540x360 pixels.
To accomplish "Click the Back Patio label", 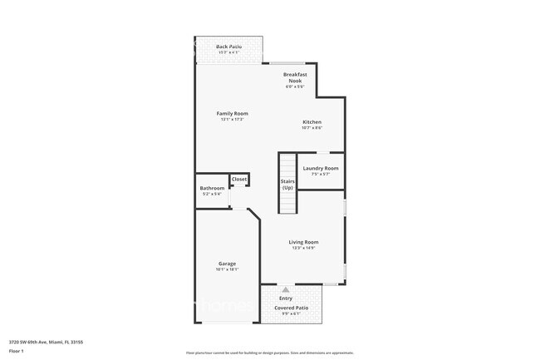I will tap(228, 47).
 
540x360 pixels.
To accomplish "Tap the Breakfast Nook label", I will tap(295, 77).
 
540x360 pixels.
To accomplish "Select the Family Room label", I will tap(233, 113).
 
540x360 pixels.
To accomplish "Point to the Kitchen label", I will tap(312, 122).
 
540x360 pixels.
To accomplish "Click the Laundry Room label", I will tap(320, 168).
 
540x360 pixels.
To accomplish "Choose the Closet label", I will tap(239, 179).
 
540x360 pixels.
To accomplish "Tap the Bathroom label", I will tap(212, 188).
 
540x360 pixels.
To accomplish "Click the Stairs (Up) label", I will tap(287, 184).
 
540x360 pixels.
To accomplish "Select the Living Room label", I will tap(303, 242).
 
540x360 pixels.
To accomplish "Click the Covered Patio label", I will tap(292, 308).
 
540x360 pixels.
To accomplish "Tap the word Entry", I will tap(286, 298).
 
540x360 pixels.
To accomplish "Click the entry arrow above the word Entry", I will tap(286, 289).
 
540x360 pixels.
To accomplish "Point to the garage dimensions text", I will tap(227, 269).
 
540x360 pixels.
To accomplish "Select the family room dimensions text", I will tap(233, 120).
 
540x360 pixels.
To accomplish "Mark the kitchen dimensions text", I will tap(312, 128).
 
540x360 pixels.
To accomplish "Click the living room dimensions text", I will tap(303, 248).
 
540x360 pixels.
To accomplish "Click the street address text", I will tap(46, 341).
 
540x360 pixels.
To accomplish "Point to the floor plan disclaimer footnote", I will tap(270, 353).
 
